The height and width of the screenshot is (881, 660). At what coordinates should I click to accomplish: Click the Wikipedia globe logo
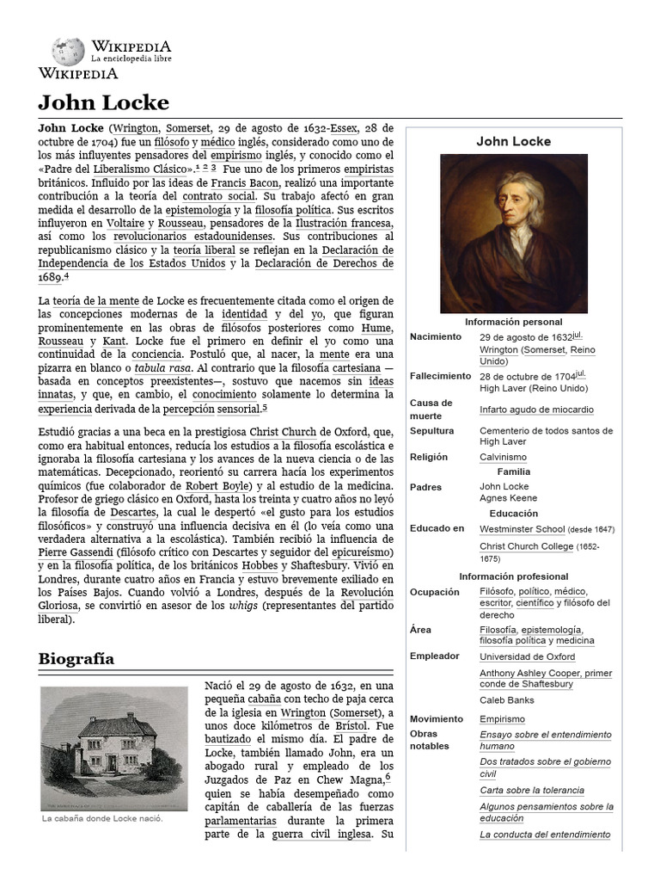point(68,51)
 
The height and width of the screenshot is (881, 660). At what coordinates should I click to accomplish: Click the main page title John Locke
point(103,102)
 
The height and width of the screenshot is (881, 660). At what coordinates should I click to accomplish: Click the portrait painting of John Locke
point(513,233)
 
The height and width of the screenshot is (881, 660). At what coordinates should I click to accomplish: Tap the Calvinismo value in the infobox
point(503,457)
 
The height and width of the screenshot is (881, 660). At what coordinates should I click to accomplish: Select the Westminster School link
point(522,528)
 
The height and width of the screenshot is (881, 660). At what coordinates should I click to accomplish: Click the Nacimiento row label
point(436,336)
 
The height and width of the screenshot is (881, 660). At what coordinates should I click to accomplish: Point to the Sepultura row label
point(431,430)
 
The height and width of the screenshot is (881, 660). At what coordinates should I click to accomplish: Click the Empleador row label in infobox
point(434,656)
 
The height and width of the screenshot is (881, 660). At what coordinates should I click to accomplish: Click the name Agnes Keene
point(508,499)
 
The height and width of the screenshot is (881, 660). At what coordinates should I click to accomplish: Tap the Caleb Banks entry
point(506,699)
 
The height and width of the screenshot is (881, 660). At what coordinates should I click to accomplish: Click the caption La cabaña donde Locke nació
point(102,818)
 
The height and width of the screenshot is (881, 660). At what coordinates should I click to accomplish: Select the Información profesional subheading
point(513,576)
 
